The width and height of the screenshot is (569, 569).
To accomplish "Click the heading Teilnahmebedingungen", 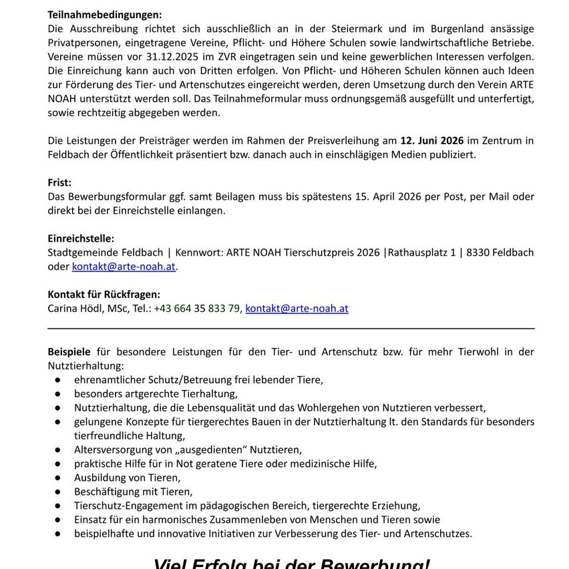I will [105, 14].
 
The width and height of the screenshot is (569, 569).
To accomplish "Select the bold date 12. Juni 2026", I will [431, 140].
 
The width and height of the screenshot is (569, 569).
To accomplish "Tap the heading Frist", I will [59, 182].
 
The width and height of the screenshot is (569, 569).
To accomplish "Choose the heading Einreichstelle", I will [81, 238].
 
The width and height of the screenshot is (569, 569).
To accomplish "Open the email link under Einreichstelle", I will [124, 266].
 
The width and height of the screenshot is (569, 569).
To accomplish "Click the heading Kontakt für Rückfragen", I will [104, 294].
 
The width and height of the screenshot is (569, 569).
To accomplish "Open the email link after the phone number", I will [297, 308].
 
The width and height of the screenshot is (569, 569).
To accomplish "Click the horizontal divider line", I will [291, 328].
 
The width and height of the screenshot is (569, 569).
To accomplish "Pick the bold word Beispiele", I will [69, 351].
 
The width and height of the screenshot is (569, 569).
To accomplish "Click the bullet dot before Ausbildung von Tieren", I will [59, 478].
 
